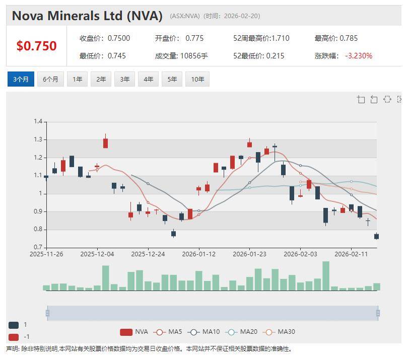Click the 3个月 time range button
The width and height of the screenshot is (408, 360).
tap(21, 79)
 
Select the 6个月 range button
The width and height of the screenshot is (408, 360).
tap(50, 79)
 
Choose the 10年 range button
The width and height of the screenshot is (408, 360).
tap(197, 79)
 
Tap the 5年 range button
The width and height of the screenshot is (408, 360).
tap(172, 79)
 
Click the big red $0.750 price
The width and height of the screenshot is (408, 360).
tap(36, 46)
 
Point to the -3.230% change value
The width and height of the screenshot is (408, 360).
tap(359, 56)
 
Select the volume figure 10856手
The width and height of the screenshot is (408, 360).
tap(194, 56)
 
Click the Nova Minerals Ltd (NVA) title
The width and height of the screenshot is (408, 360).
tap(87, 16)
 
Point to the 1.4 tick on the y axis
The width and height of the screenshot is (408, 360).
tap(38, 121)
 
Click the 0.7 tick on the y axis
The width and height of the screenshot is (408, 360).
tap(38, 247)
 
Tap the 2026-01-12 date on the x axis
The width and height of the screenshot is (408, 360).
tap(198, 254)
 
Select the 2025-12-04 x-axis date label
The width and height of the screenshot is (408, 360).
tap(97, 254)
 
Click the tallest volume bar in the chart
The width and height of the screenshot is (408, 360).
tap(326, 275)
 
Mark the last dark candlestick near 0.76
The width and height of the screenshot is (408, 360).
tap(376, 236)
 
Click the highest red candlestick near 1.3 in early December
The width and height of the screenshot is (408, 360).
tap(105, 143)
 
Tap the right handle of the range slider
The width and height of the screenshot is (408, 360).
tap(378, 313)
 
